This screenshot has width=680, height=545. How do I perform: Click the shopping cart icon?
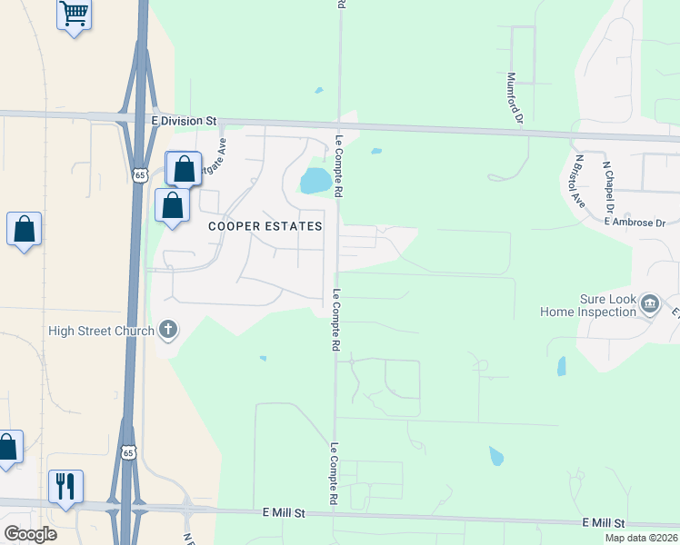pos(75,15)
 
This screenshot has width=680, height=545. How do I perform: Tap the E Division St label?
pos(185,120)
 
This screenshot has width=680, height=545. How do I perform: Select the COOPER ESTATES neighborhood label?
pos(265,225)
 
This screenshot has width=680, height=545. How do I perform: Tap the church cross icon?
pos(167,330)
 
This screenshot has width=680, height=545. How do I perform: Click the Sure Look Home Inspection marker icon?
pos(650,303)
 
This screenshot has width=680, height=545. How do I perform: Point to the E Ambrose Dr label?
pos(635,222)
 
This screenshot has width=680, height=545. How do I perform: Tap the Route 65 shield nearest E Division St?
pos(139,174)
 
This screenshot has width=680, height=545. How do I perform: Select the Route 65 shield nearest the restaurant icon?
pos(128,452)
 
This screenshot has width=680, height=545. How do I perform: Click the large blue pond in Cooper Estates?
pos(315,180)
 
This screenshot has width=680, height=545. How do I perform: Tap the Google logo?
pos(30,534)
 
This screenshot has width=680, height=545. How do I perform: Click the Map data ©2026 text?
pos(641,538)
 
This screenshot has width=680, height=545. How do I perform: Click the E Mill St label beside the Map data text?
pos(604,524)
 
